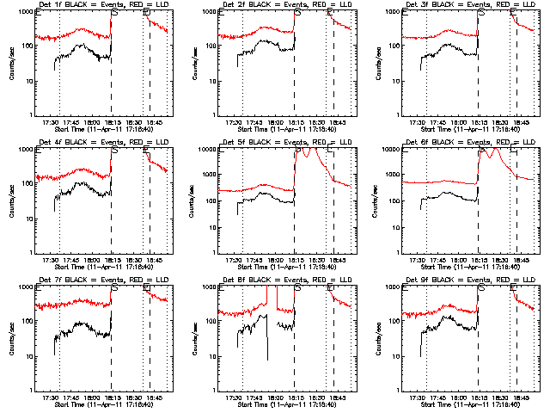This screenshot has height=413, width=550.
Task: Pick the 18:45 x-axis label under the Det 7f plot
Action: [153, 398]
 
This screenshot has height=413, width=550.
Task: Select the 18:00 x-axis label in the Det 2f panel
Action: [273, 122]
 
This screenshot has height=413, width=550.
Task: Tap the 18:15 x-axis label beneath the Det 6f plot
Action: [478, 260]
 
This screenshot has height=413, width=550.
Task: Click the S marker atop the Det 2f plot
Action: [297, 13]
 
